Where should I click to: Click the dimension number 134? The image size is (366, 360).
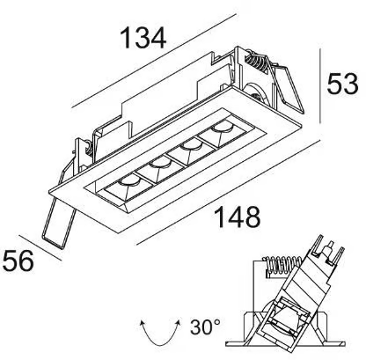(143, 38)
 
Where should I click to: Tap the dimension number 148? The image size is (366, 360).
(238, 217)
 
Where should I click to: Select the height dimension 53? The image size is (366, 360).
(342, 84)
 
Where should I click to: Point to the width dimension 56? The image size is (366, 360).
(18, 261)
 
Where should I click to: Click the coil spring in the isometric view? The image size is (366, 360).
(256, 62)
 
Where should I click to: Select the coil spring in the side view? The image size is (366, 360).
(283, 267)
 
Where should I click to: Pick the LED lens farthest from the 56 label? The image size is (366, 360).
(223, 127)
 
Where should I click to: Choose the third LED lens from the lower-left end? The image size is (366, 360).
(191, 145)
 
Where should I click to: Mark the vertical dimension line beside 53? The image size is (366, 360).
(320, 86)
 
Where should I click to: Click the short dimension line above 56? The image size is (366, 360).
(40, 248)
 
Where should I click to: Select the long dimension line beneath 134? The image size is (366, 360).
(154, 61)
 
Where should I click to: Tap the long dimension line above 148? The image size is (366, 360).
(229, 192)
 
